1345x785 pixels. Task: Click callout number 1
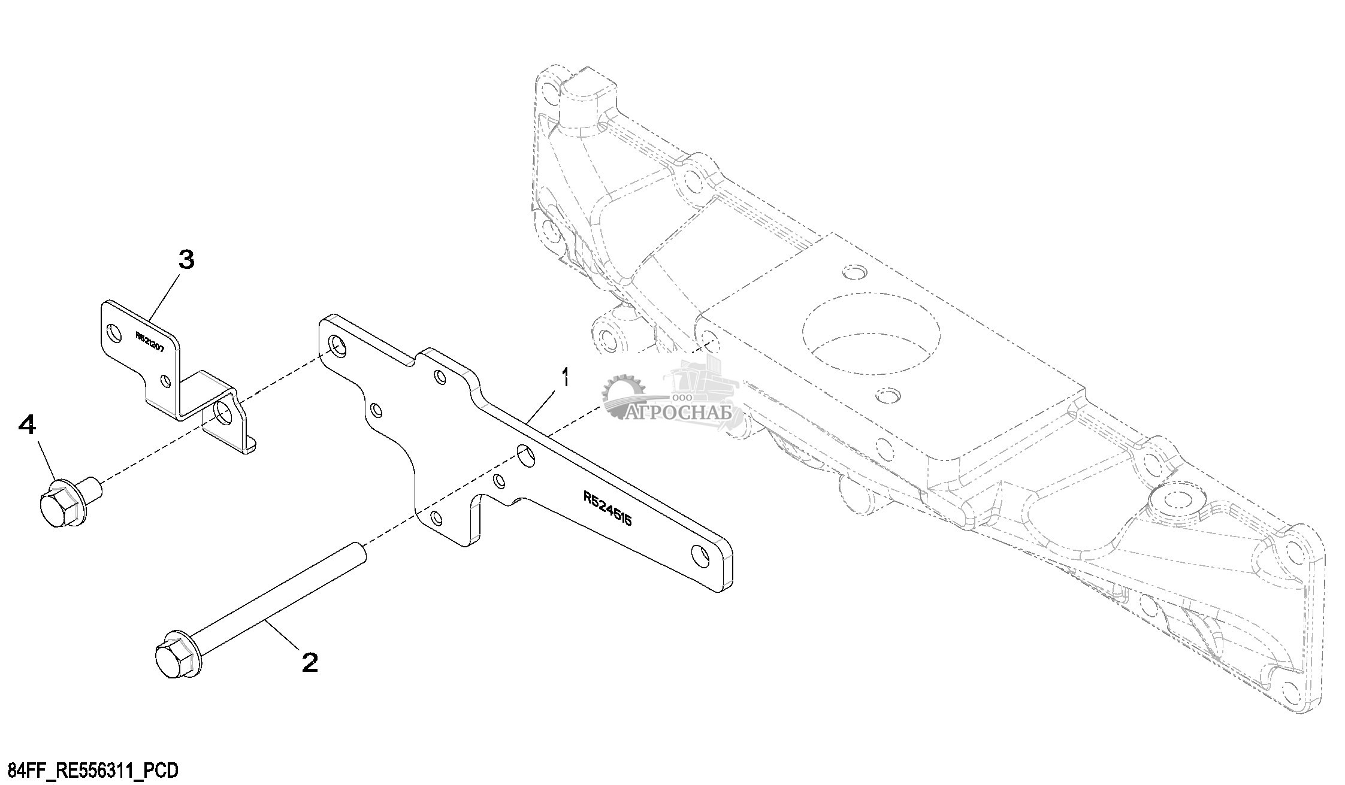coord(565,380)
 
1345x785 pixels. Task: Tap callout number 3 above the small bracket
coord(186,260)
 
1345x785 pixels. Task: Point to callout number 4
coord(28,426)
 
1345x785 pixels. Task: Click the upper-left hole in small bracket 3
coord(113,331)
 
